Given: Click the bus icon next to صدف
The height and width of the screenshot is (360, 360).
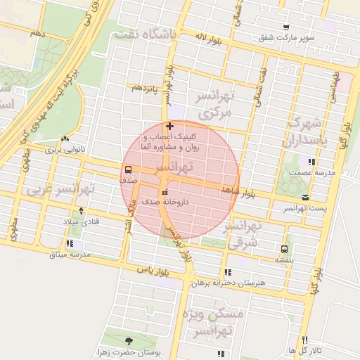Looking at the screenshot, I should click(x=128, y=169).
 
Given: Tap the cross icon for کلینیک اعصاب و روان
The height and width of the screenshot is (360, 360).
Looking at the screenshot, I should click(x=169, y=125).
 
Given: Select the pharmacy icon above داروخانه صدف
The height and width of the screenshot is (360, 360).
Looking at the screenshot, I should click(x=165, y=191).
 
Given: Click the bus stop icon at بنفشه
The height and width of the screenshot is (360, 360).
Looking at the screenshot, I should click(x=284, y=248).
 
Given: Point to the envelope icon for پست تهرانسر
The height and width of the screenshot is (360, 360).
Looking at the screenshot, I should click(x=304, y=198).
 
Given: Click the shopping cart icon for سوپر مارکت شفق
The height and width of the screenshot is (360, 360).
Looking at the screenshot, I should click(x=285, y=27).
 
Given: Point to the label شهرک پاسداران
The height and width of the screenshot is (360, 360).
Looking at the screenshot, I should click(x=304, y=131).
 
